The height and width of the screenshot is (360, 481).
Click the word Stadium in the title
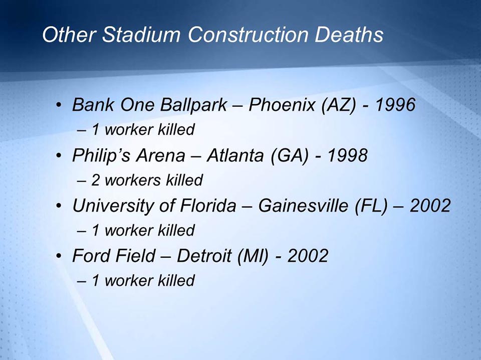click(142, 35)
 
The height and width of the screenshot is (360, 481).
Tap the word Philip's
click(100, 155)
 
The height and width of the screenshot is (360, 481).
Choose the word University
click(111, 206)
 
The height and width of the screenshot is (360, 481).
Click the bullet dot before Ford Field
click(60, 257)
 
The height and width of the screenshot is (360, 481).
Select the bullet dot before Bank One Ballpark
click(60, 106)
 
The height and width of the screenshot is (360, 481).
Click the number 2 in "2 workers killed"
click(95, 179)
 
